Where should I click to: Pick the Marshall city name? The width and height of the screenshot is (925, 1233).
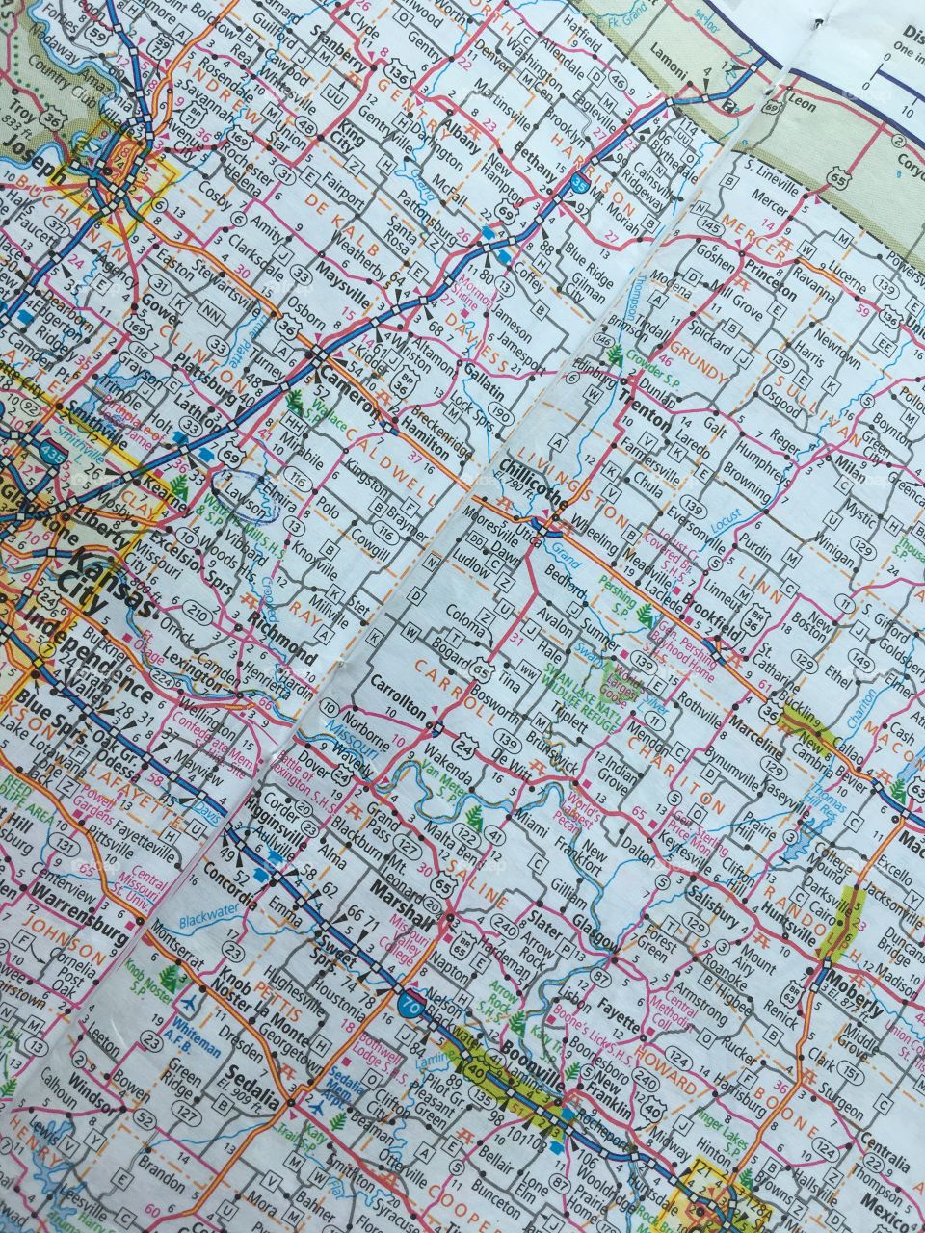pyautogui.click(x=403, y=904)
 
